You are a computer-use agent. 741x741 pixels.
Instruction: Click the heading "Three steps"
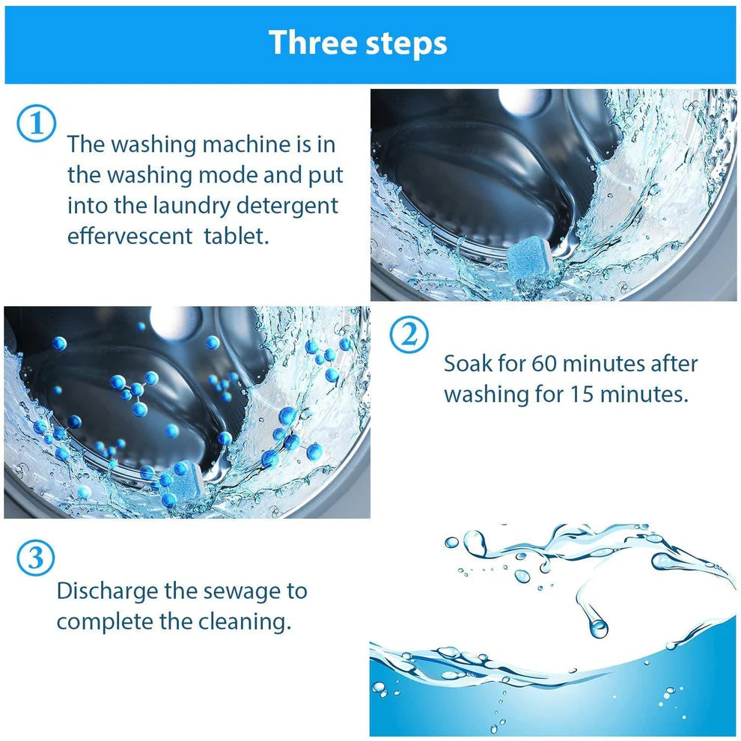[358, 43]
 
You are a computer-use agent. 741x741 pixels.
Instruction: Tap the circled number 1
[36, 124]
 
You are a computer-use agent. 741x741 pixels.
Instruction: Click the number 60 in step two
[544, 365]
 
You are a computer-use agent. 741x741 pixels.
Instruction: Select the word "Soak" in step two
[469, 365]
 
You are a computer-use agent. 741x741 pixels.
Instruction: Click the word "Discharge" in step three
[107, 591]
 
